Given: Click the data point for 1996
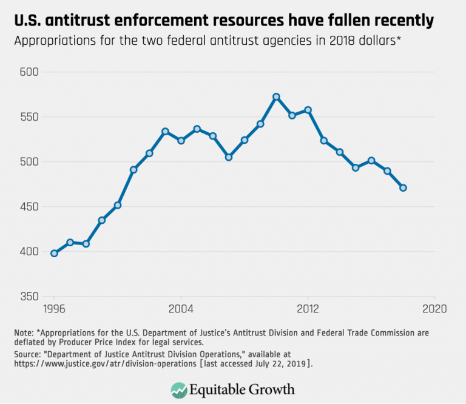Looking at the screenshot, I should click(54, 254).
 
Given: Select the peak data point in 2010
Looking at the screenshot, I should click(276, 96).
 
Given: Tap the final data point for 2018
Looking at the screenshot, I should click(403, 188).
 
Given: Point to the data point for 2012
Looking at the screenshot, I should click(308, 110).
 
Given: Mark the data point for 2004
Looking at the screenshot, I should click(181, 140).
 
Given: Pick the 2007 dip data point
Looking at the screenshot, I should click(228, 157).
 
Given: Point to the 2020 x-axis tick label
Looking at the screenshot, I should click(434, 308).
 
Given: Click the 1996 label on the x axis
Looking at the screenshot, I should click(54, 308).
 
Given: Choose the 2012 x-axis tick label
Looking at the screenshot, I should click(308, 308).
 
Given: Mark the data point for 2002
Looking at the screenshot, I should click(149, 153).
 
